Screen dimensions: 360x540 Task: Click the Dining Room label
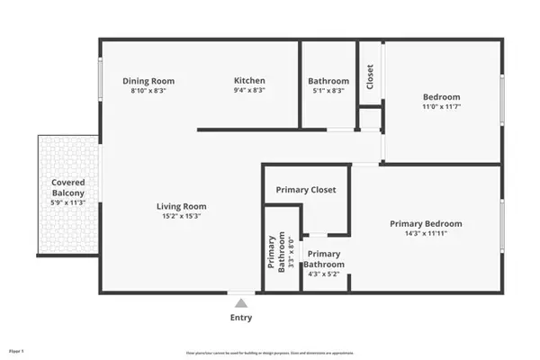pos(148,81)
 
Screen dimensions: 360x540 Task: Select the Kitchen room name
pos(249,81)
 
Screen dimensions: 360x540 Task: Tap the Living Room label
pos(182,205)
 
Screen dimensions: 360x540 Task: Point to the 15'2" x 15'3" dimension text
pos(182,216)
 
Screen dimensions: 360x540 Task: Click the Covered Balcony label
pos(67,187)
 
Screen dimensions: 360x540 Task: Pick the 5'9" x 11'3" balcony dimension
pos(67,202)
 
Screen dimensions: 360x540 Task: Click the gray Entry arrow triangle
pos(240,304)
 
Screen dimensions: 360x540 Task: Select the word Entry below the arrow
pos(240,317)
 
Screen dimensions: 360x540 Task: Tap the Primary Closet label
pos(305,190)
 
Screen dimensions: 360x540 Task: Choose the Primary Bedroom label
pos(426,223)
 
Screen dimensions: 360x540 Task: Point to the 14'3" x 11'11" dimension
pos(426,234)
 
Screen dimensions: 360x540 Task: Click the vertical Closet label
pos(370,76)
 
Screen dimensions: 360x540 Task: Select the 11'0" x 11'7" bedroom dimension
pos(441,107)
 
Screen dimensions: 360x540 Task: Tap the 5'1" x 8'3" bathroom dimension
pos(328,91)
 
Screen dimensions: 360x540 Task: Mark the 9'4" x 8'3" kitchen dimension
pos(249,91)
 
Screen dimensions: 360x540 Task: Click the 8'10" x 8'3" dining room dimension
pos(148,91)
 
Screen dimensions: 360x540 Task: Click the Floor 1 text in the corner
pos(17,349)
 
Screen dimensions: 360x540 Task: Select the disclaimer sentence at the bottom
pos(269,352)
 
